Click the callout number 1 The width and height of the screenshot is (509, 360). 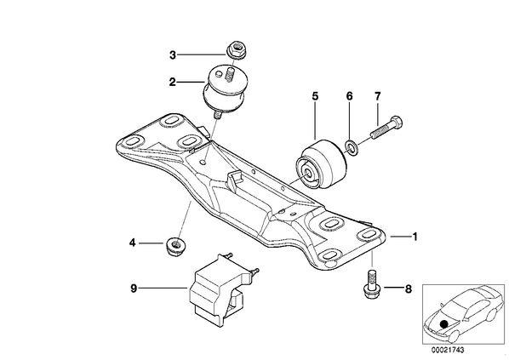415,237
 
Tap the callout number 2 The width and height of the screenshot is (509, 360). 173,82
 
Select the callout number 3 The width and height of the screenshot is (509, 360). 173,54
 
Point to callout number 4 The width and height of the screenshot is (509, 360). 132,243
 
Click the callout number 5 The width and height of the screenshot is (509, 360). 315,96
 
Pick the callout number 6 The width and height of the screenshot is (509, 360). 349,96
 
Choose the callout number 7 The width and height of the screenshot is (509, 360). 377,96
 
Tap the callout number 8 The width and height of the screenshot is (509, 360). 408,289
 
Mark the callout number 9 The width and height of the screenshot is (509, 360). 134,289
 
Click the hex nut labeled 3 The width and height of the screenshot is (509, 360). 235,50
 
